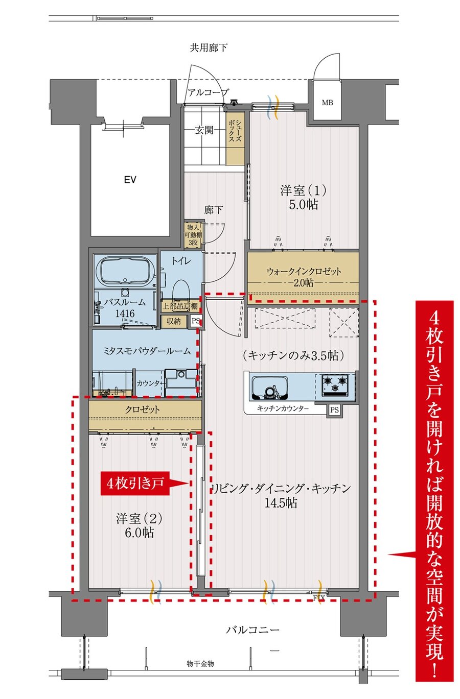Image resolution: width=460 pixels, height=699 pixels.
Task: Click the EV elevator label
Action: pos(130,180)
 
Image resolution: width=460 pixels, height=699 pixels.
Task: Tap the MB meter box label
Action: pos(327,102)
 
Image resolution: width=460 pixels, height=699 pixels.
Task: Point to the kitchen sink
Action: pos(270,388)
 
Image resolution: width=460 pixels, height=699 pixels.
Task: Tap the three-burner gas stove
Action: pos(335,385)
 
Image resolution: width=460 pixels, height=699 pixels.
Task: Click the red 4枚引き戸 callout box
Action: pos(135,484)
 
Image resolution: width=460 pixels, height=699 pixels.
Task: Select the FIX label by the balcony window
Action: pos(319,598)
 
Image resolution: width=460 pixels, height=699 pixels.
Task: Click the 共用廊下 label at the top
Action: pos(209,48)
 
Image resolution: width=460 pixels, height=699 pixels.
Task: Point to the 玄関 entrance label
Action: pos(204,130)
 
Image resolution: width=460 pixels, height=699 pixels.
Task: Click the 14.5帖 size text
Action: pos(281,503)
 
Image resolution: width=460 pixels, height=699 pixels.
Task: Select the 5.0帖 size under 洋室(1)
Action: pos(304,205)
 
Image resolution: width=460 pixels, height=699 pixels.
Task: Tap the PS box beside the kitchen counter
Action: pos(334,409)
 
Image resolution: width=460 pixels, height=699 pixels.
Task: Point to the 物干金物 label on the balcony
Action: pos(200,664)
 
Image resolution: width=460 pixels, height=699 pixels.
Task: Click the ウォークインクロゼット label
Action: pos(304,272)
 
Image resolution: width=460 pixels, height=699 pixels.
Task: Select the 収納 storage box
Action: pos(174,321)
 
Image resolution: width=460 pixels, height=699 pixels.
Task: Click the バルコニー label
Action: pos(252,630)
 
